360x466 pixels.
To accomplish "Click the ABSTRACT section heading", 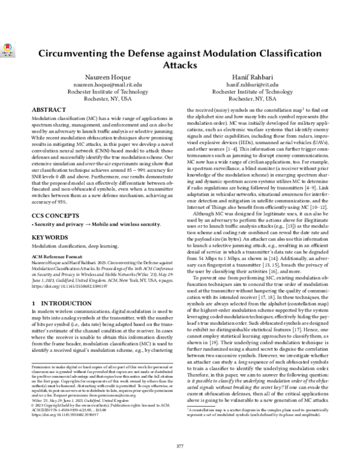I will pos(48,111).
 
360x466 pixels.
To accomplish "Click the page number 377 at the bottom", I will pos(179,446).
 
